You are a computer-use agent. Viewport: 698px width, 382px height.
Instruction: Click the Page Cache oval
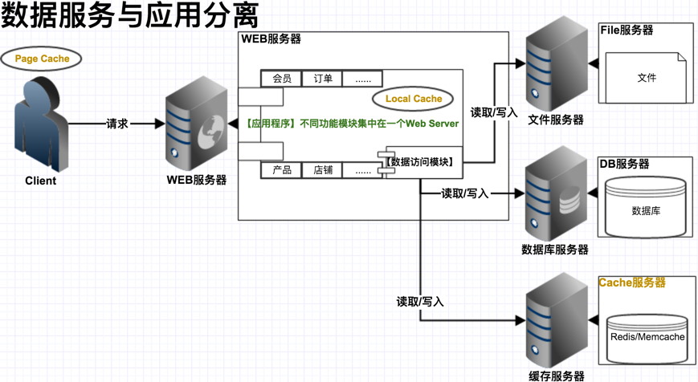coord(42,59)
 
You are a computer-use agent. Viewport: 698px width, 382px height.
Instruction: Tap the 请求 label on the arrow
coord(117,124)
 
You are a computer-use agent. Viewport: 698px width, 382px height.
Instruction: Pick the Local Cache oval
coord(414,99)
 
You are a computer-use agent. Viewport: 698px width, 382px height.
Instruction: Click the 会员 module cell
coord(281,79)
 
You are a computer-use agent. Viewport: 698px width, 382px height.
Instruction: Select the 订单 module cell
coord(323,79)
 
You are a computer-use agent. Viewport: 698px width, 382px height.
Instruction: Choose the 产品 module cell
coord(281,170)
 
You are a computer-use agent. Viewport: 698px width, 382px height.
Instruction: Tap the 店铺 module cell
coord(323,170)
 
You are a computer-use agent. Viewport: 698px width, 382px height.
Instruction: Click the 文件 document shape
coord(646,78)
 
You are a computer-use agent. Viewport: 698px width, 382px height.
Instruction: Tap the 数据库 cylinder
coord(646,210)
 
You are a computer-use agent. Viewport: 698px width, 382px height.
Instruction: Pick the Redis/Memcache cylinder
coord(647,336)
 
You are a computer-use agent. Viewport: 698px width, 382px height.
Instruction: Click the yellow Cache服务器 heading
coord(632,283)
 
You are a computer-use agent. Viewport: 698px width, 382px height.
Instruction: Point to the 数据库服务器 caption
coord(555,250)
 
